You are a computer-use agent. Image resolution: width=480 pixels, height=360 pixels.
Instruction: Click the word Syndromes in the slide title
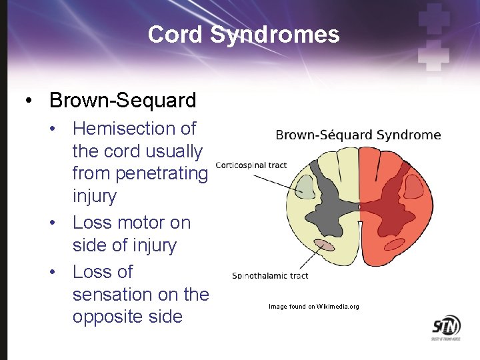tap(275, 35)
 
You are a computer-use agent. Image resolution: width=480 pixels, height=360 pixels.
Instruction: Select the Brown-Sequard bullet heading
tap(123, 100)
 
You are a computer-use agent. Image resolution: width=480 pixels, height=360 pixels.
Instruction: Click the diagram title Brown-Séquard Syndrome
tap(358, 135)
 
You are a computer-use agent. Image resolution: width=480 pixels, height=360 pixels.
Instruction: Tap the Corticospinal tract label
tap(251, 165)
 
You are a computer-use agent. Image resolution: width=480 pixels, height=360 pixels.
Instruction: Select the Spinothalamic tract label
tap(270, 275)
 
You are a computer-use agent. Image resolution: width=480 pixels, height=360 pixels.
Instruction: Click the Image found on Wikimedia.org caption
tap(313, 307)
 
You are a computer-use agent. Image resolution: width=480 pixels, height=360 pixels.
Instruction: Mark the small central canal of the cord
tap(359, 207)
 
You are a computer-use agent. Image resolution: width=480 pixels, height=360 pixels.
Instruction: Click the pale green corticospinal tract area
tap(305, 186)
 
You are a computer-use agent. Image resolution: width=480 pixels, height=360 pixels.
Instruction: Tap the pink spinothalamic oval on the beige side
tap(325, 245)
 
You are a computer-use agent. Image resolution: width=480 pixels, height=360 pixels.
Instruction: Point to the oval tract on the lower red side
tap(393, 245)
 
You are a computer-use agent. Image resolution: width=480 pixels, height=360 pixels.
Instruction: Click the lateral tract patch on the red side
tap(414, 187)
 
